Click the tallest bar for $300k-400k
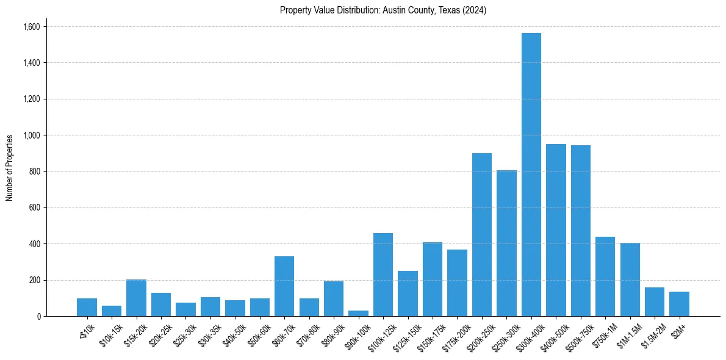[x=531, y=175]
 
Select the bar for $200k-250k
[x=482, y=235]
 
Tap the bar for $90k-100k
[x=358, y=313]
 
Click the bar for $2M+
[x=679, y=304]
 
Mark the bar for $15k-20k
[x=136, y=298]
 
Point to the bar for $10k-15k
[x=112, y=311]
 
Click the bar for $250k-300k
[x=506, y=243]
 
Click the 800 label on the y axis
[x=35, y=171]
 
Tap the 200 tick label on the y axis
[x=35, y=280]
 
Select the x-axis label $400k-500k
[x=553, y=333]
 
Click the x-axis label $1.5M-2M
[x=652, y=333]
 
